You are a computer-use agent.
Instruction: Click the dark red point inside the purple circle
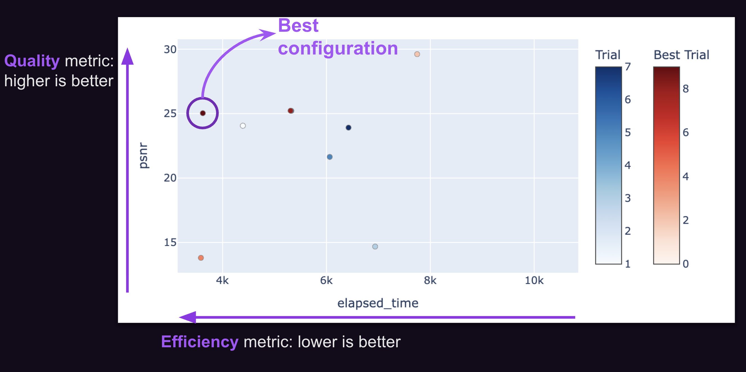(203, 113)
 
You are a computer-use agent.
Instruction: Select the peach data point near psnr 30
(417, 54)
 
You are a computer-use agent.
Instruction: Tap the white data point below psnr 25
(243, 126)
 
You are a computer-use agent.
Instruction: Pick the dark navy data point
(348, 128)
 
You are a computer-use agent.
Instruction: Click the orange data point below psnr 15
(201, 258)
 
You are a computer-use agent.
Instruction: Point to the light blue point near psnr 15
(375, 246)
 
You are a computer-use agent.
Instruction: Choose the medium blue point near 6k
(330, 157)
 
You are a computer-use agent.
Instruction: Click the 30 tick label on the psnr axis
(170, 49)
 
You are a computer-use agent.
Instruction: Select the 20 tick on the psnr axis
(170, 178)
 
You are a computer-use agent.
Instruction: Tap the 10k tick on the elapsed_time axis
(534, 280)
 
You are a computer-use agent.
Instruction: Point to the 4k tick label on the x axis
(223, 280)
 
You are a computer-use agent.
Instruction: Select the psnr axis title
(143, 155)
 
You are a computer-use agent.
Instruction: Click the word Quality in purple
(32, 61)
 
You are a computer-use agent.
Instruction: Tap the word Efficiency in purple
(199, 342)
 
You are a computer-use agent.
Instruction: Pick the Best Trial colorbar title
(681, 55)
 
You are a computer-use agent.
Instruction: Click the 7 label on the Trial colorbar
(628, 67)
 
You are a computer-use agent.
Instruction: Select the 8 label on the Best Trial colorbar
(686, 89)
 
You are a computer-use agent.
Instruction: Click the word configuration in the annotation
(338, 48)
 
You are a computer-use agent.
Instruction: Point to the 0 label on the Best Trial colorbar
(686, 264)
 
